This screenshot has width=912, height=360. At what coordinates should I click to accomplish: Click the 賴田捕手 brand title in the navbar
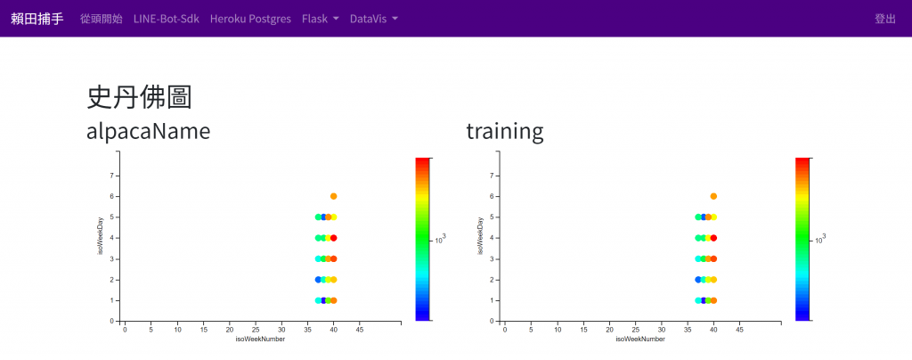(x=37, y=19)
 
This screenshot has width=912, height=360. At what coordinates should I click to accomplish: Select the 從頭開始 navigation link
(x=102, y=19)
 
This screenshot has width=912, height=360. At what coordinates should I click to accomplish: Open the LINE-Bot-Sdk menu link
(x=167, y=19)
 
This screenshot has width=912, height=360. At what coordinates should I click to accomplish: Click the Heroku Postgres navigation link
(x=250, y=19)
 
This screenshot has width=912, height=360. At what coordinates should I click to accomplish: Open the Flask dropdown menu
(x=321, y=19)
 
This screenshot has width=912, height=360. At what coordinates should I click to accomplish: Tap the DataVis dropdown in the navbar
(x=374, y=19)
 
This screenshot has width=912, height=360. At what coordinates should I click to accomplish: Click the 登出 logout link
(x=885, y=19)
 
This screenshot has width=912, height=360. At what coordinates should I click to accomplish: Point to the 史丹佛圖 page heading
(x=139, y=97)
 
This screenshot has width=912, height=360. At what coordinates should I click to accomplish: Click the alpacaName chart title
(x=149, y=132)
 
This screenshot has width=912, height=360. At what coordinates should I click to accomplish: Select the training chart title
(x=505, y=132)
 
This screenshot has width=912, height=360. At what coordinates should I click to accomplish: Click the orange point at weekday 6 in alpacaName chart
(x=333, y=196)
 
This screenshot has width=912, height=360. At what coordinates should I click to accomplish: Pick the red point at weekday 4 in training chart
(x=713, y=238)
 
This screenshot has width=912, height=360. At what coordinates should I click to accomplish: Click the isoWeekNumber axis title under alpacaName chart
(x=260, y=340)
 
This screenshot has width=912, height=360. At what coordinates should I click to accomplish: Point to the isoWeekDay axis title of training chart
(x=480, y=236)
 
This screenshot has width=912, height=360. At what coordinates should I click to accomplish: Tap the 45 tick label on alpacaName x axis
(x=360, y=330)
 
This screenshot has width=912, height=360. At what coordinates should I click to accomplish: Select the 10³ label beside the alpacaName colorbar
(x=440, y=239)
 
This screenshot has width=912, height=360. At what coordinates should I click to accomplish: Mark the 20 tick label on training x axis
(x=609, y=330)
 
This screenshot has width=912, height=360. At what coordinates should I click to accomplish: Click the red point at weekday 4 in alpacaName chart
(x=333, y=238)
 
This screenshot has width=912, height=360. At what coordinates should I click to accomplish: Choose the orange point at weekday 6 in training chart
(x=713, y=196)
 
